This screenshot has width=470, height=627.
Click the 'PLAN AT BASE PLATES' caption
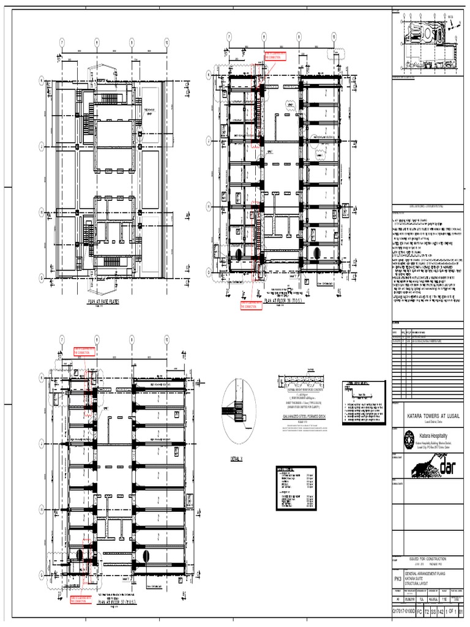(x=108, y=302)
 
